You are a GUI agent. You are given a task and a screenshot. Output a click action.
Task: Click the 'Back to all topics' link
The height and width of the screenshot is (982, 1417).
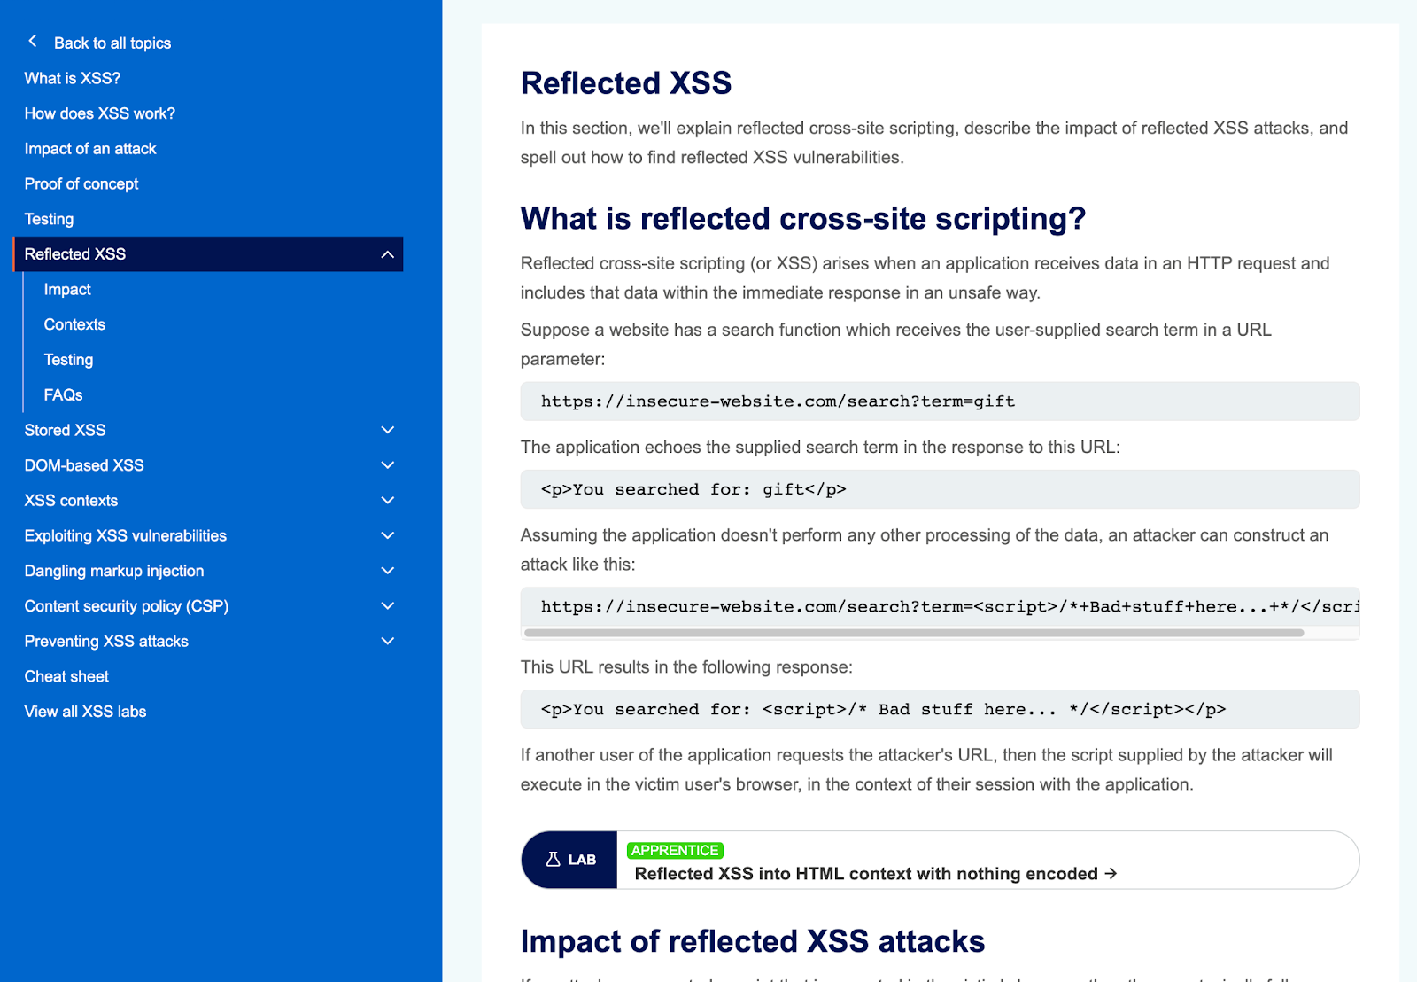click(x=112, y=43)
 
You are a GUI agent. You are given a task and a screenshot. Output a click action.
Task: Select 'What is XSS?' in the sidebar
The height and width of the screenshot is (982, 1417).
click(x=73, y=78)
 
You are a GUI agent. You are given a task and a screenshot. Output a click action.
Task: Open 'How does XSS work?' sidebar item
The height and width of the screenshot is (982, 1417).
click(x=100, y=113)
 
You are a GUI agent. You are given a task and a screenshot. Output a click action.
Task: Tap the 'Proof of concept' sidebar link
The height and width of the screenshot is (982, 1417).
click(x=81, y=183)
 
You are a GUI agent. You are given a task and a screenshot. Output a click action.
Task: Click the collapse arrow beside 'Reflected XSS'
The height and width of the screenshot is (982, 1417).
click(x=387, y=254)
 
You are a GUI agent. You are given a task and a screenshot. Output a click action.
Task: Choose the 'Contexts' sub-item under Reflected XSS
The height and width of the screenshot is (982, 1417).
click(x=74, y=324)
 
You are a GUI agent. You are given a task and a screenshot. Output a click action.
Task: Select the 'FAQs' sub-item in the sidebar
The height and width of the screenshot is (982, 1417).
click(x=63, y=394)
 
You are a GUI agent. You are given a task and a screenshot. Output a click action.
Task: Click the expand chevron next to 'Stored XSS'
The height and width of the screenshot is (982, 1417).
click(x=387, y=430)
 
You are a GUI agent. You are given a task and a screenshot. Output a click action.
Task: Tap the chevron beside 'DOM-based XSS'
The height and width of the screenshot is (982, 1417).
click(x=387, y=465)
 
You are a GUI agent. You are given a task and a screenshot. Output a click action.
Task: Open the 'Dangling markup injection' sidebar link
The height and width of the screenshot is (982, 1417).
click(x=114, y=571)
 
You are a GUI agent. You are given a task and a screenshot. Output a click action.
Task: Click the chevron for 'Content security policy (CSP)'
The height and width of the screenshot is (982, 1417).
click(x=387, y=606)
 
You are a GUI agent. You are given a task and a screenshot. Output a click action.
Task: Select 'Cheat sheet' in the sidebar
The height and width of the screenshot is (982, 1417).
click(x=66, y=676)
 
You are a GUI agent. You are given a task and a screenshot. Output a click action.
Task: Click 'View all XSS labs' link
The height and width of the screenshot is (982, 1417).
click(x=85, y=712)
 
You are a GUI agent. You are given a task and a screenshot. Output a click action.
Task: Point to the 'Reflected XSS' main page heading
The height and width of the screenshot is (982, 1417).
click(x=626, y=83)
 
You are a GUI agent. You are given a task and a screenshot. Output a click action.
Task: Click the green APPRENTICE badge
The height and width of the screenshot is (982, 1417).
click(x=675, y=850)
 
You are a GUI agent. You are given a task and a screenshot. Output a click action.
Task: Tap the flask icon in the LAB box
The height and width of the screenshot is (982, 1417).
click(x=553, y=860)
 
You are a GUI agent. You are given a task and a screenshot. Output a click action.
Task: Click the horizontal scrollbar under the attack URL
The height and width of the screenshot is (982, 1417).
click(x=913, y=633)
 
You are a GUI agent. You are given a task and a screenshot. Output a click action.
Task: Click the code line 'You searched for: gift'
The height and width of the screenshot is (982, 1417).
click(x=693, y=489)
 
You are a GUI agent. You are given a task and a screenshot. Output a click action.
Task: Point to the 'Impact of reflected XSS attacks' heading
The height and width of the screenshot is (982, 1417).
click(x=753, y=941)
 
